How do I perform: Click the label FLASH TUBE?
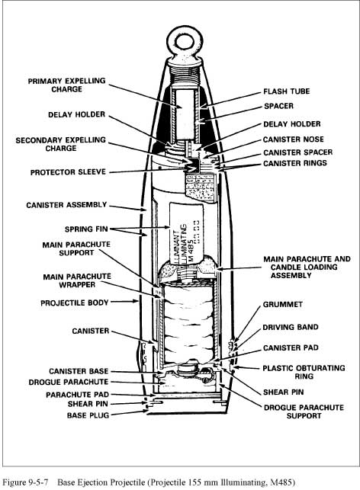(287, 91)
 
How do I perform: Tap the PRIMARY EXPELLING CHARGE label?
(66, 85)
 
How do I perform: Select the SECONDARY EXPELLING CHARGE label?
(61, 144)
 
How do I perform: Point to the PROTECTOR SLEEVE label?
(68, 172)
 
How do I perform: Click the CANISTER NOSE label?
(294, 139)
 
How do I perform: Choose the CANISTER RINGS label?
(295, 163)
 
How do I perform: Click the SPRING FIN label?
(86, 229)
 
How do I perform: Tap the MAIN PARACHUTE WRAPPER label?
(77, 280)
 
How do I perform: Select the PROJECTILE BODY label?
(75, 303)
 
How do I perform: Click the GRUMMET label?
(283, 304)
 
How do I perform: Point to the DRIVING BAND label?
(291, 327)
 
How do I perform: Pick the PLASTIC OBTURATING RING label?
(304, 372)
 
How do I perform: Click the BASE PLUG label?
(88, 415)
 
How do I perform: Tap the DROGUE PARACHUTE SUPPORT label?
(304, 412)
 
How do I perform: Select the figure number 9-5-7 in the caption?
(38, 482)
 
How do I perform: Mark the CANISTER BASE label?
(79, 371)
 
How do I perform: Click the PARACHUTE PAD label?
(77, 395)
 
